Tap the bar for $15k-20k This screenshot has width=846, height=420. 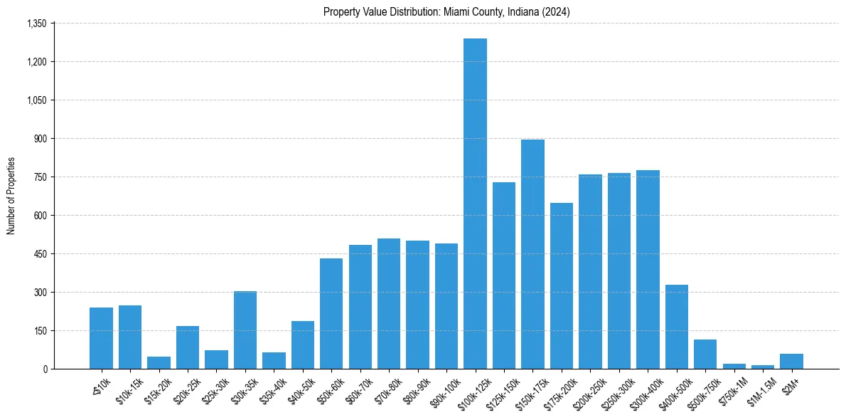pyautogui.click(x=159, y=363)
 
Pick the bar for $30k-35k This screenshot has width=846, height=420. pyautogui.click(x=245, y=330)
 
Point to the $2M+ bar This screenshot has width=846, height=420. pyautogui.click(x=791, y=362)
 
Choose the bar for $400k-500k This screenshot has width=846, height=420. pyautogui.click(x=676, y=327)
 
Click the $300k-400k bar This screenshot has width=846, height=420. pyautogui.click(x=648, y=270)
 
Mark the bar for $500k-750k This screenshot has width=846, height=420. pyautogui.click(x=705, y=355)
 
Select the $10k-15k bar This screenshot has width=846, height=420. pyautogui.click(x=130, y=337)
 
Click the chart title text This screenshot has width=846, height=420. pyautogui.click(x=446, y=11)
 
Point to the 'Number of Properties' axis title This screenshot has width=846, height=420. pyautogui.click(x=11, y=196)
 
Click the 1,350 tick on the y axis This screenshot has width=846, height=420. pyautogui.click(x=36, y=23)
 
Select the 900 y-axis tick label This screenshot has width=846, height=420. pyautogui.click(x=40, y=139)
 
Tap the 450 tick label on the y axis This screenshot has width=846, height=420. pyautogui.click(x=40, y=254)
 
